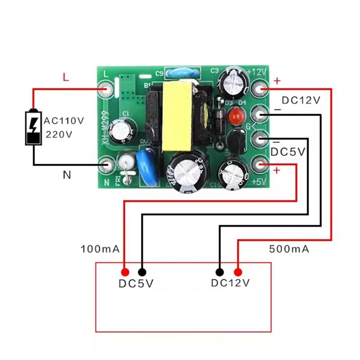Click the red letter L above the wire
pos(66,78)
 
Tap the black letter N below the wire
pos(67,175)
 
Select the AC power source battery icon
pos(33,127)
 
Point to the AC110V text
pos(63,121)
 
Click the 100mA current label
pos(99,248)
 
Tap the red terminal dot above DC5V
pos(125,272)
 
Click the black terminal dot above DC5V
pos(142,272)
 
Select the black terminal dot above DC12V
pos(220,272)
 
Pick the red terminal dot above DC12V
pos(238,272)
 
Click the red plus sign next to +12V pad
pos(277,81)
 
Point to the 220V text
pos(58,134)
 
